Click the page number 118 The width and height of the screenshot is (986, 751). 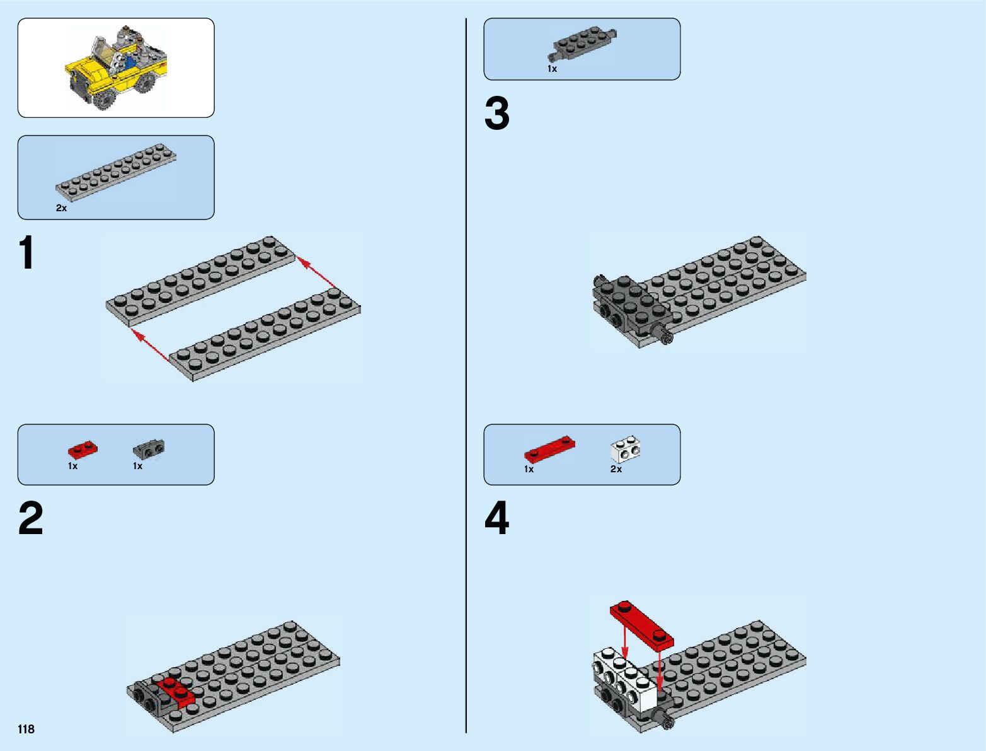pos(26,730)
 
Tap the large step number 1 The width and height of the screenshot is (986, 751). pos(27,254)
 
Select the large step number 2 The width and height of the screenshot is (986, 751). pos(31,519)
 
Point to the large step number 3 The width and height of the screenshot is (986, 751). pos(497,115)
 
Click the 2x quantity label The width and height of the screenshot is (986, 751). pos(61,208)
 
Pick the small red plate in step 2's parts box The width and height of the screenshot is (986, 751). pos(83,450)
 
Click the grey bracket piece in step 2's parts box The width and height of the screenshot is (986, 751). pos(149,448)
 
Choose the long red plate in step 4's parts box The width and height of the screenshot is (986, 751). pos(550,448)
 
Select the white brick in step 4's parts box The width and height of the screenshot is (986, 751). pos(626,449)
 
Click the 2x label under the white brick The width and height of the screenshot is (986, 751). pos(616,469)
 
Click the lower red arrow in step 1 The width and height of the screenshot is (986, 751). pos(152,345)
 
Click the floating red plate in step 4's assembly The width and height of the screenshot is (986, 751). pos(642,625)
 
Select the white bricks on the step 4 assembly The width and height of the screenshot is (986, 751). pos(622,678)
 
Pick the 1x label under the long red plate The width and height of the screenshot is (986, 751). pos(529,469)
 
